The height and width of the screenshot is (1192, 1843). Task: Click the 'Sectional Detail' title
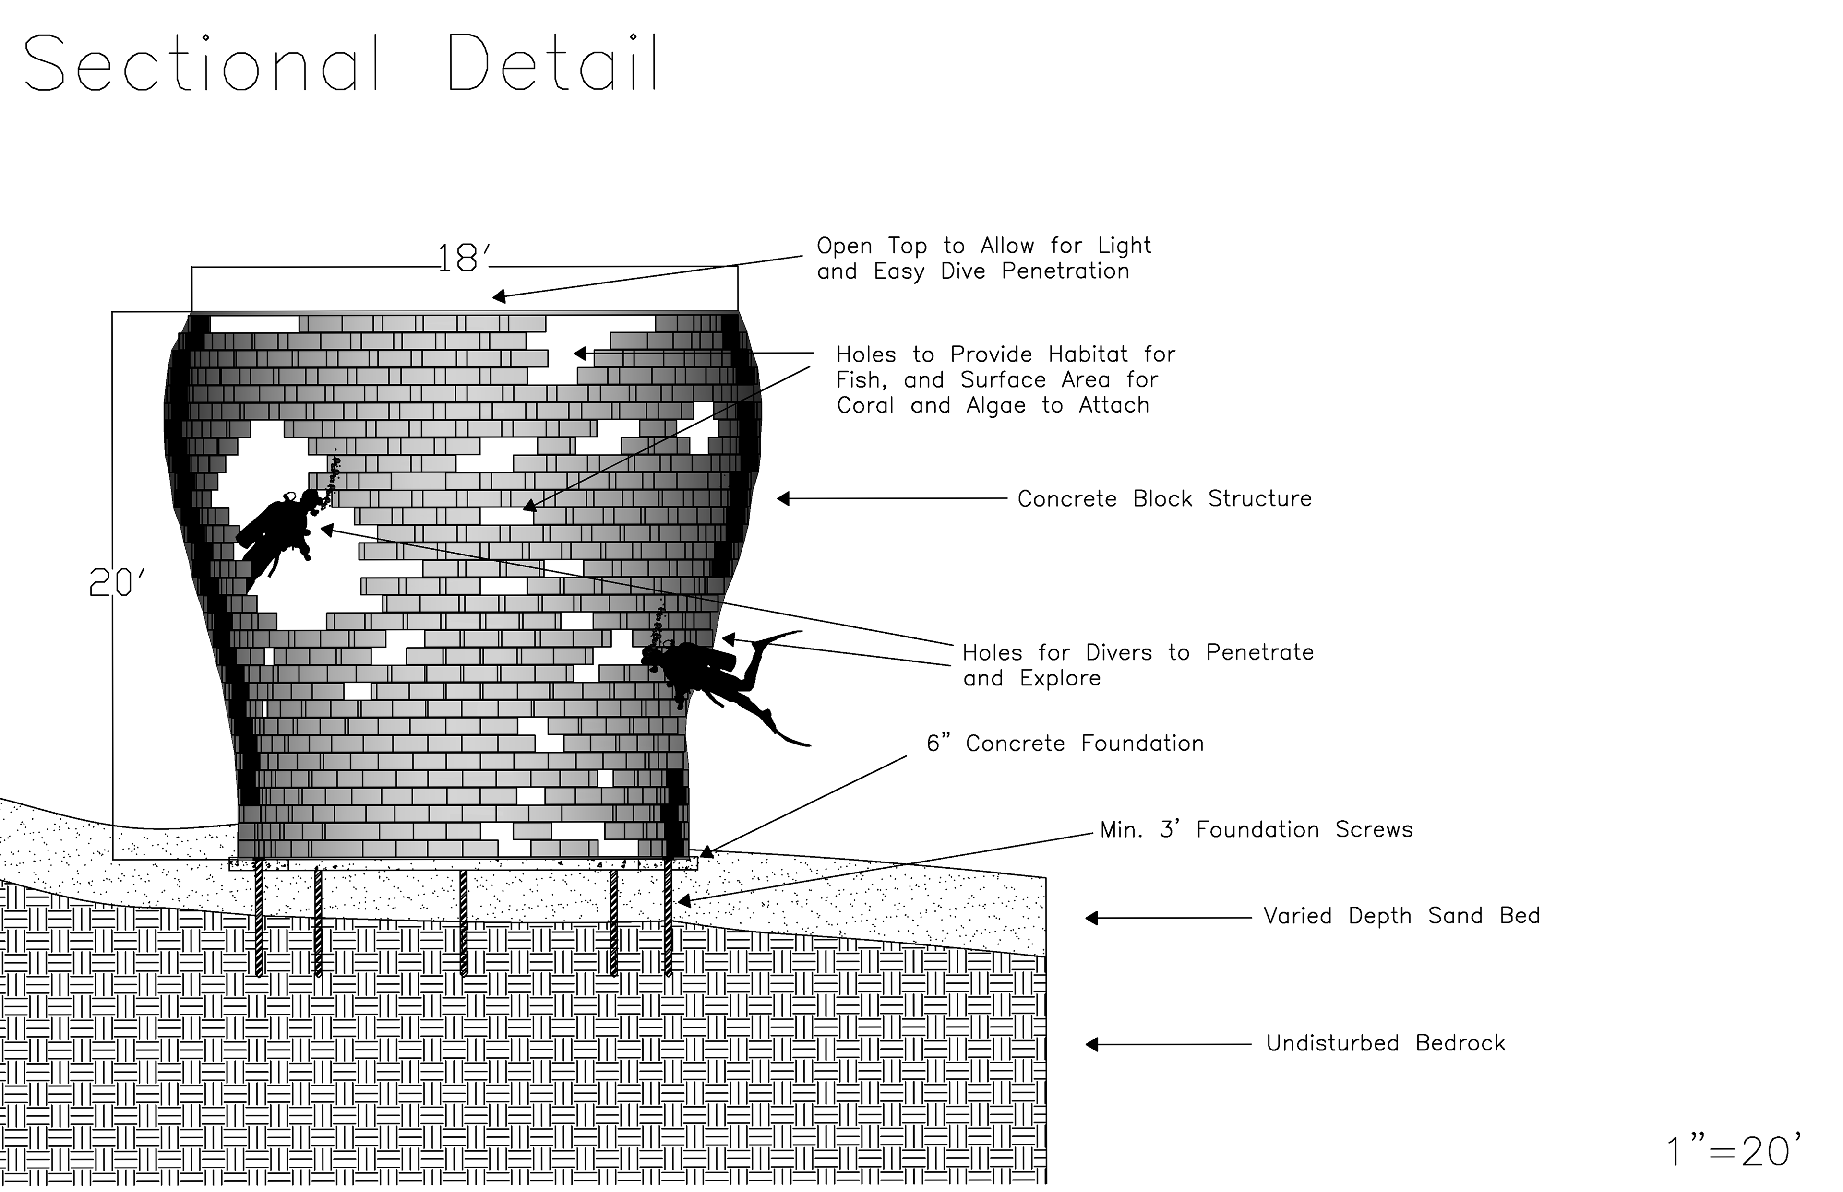click(x=341, y=63)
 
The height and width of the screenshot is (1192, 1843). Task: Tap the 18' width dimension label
click(x=463, y=259)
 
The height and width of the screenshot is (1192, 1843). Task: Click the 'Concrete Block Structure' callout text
click(x=1164, y=499)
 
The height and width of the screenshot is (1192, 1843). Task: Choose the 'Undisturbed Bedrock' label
click(x=1385, y=1043)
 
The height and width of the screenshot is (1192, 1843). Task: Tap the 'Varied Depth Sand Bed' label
click(x=1401, y=917)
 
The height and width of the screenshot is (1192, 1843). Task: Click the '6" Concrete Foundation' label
click(x=1065, y=744)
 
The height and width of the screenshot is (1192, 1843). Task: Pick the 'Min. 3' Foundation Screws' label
click(x=1256, y=830)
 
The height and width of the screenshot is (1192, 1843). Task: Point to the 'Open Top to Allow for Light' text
click(x=983, y=246)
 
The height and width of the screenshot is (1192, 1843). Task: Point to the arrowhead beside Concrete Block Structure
click(x=784, y=499)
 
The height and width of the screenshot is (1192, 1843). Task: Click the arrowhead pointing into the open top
click(x=500, y=296)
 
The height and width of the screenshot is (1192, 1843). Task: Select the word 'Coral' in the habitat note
click(x=865, y=406)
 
